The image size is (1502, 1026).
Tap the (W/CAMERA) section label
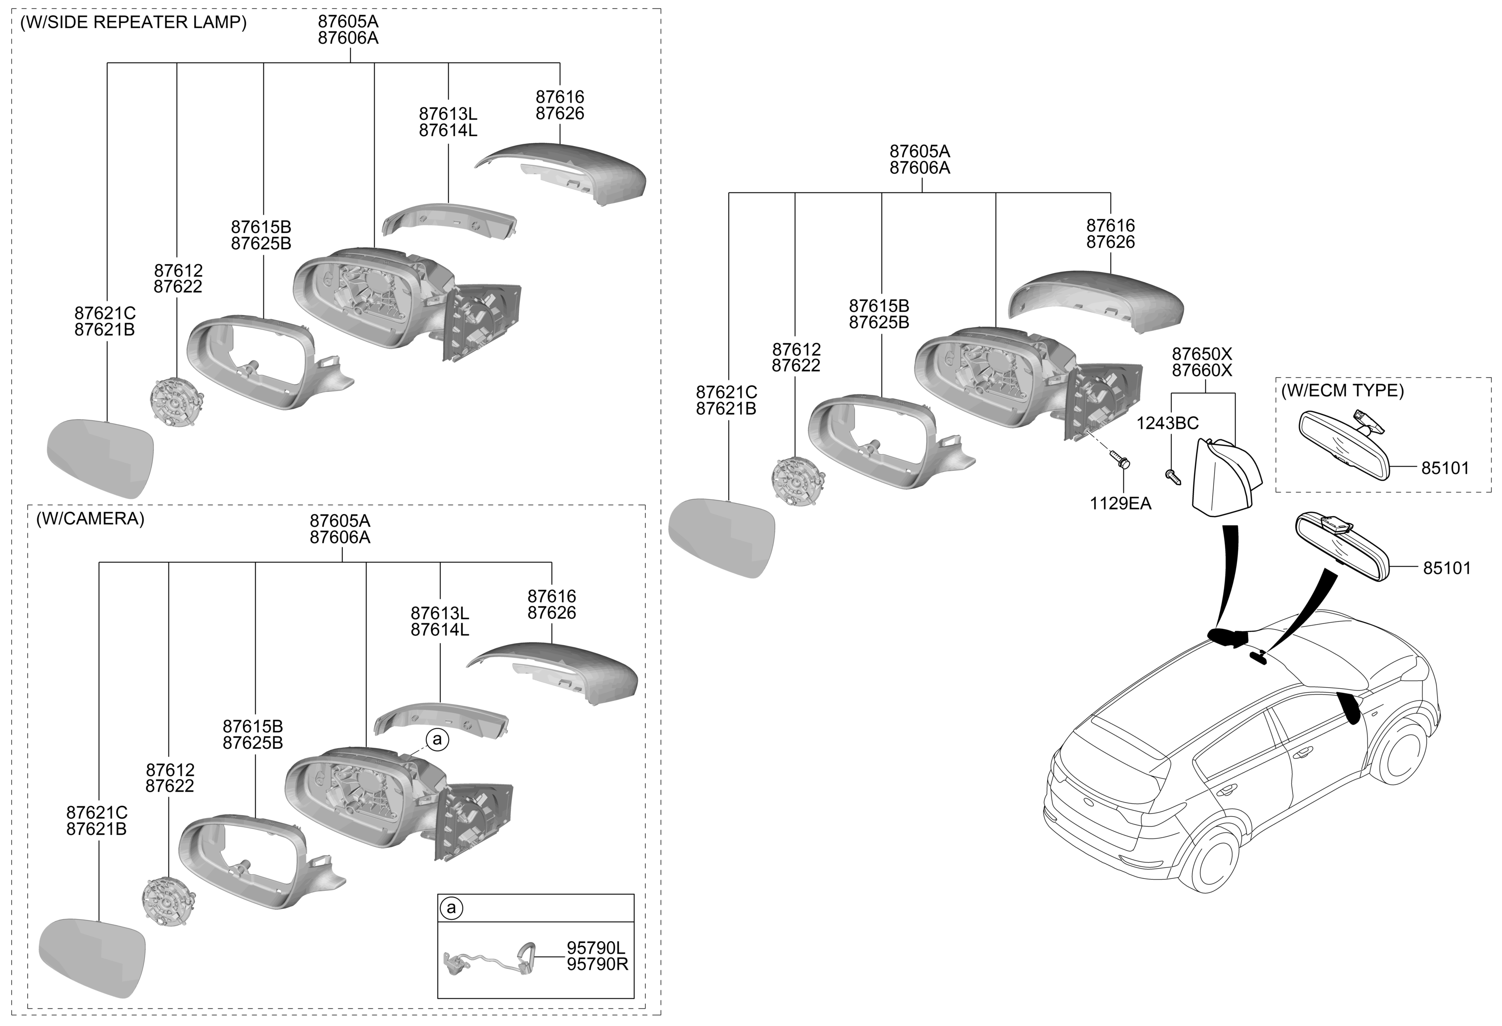click(90, 519)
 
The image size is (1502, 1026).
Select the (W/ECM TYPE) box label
click(1342, 390)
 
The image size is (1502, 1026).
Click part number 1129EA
click(1121, 503)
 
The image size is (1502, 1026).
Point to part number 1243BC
click(1167, 423)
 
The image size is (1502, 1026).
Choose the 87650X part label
click(1202, 354)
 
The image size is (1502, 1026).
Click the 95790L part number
click(596, 948)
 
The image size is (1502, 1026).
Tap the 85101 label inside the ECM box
click(1445, 469)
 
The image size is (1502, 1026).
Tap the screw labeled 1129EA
click(1120, 461)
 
